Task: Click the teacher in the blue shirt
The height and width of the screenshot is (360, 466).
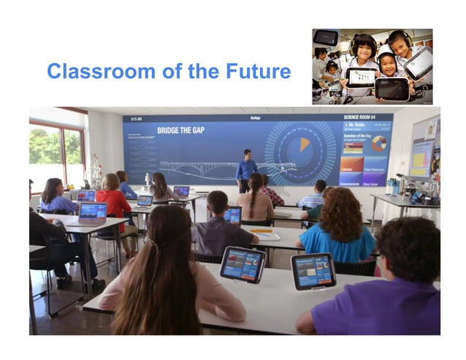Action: [x=245, y=171]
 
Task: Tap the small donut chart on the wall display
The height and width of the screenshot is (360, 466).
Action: [x=378, y=143]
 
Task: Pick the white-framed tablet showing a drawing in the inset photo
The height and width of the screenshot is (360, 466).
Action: [x=361, y=77]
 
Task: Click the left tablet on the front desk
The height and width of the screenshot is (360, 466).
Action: [x=242, y=263]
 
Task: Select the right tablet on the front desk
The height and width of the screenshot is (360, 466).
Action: [x=313, y=270]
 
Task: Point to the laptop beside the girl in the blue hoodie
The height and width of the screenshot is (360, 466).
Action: [x=93, y=212]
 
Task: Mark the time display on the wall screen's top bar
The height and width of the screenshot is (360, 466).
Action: [x=136, y=118]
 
